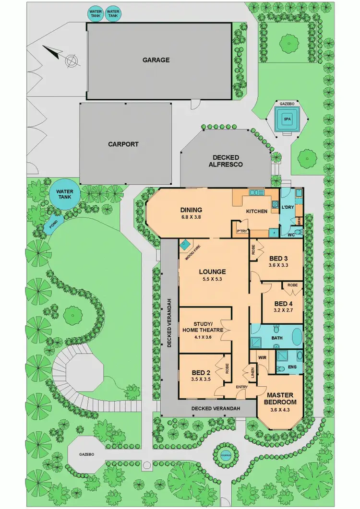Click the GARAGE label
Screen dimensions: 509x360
[156, 60]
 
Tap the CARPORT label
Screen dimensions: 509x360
[123, 144]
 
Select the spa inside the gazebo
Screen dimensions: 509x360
[287, 118]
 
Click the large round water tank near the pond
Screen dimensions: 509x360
[62, 196]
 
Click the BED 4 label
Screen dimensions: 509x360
[283, 304]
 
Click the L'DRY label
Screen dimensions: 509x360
[287, 208]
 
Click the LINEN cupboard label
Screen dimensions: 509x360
[252, 371]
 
